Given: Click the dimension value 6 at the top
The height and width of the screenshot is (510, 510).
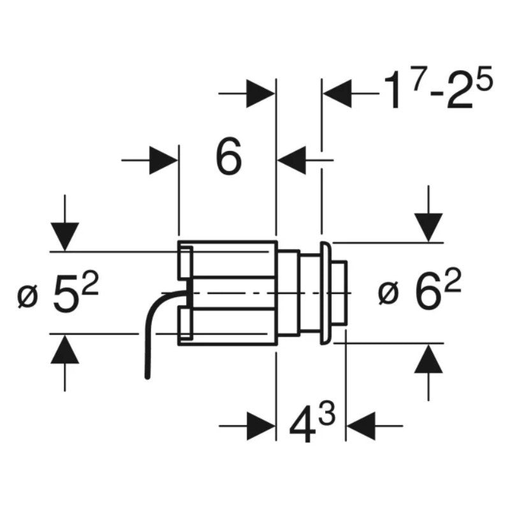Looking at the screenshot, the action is pos(229,155).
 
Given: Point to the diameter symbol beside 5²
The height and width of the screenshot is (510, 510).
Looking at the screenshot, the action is pos(28,297).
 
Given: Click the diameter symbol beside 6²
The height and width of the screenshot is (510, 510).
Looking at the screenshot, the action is pos(388,295).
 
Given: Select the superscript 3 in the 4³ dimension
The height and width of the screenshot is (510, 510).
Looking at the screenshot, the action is pos(326,414).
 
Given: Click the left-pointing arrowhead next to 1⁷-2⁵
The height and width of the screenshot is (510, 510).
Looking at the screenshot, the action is pos(338,93).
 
